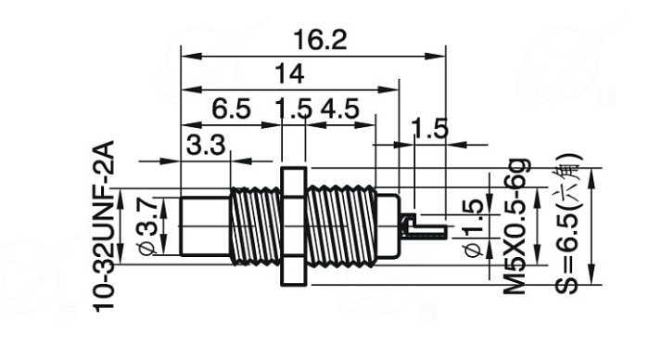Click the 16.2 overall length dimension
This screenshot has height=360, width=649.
click(320, 40)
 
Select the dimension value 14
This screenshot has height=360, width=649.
click(289, 73)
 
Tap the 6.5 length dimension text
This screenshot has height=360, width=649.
click(231, 109)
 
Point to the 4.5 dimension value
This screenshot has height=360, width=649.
click(339, 109)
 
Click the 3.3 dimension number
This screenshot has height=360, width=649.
click(206, 145)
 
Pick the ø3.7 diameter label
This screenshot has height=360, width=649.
click(147, 225)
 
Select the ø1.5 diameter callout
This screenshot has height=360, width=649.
click(473, 228)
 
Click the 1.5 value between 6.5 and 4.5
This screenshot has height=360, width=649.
click(294, 109)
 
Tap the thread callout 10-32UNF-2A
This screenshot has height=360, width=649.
click(103, 226)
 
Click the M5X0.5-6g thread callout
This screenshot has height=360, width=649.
click(516, 226)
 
